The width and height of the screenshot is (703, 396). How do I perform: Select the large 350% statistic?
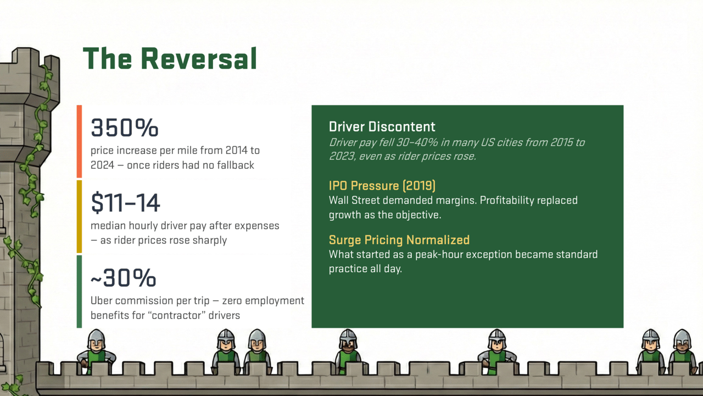click(x=125, y=128)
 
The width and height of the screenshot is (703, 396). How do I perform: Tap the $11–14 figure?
click(x=125, y=203)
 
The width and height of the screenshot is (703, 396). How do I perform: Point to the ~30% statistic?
click(x=123, y=278)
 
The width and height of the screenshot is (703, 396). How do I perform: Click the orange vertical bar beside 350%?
click(x=79, y=141)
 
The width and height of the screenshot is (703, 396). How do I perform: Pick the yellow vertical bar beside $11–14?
click(x=79, y=216)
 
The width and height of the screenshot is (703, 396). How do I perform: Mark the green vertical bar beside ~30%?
click(x=79, y=291)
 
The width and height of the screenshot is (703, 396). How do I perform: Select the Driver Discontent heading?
click(x=382, y=127)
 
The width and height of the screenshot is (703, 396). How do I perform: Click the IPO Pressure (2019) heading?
click(x=382, y=185)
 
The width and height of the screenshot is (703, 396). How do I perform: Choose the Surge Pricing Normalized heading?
click(x=399, y=240)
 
